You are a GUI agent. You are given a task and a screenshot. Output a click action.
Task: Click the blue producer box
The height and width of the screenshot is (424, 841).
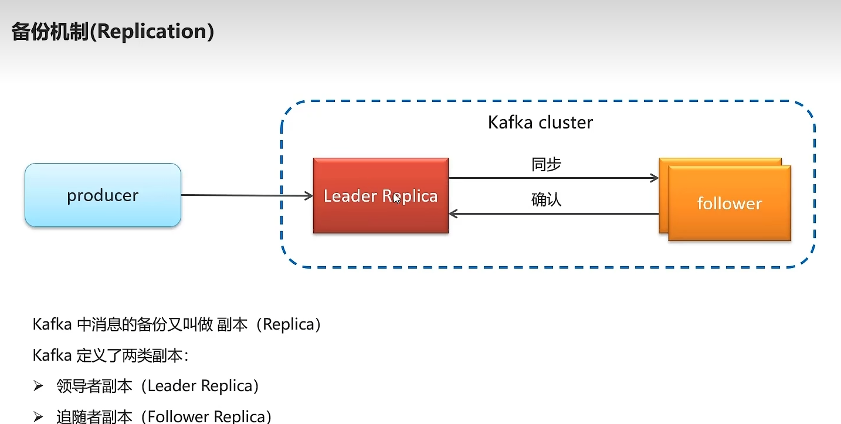[103, 195]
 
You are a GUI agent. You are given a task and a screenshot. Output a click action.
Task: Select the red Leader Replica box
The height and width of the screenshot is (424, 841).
[381, 196]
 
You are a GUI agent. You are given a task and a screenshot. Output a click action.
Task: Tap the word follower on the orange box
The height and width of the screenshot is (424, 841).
[730, 203]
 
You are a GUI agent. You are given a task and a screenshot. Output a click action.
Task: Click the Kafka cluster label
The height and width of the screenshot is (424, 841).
[540, 123]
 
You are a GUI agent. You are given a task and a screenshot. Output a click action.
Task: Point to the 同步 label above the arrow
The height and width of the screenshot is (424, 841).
[546, 164]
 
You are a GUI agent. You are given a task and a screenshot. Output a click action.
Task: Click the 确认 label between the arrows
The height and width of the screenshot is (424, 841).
[546, 199]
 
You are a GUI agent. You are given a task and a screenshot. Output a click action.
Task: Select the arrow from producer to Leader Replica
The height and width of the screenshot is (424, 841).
[247, 195]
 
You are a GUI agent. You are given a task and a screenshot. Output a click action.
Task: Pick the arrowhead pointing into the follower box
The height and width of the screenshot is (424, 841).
[655, 178]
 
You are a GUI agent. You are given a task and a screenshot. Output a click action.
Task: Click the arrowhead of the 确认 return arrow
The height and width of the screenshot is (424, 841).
[453, 213]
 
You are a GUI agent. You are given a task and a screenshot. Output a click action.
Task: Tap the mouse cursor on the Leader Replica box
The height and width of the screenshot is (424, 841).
[397, 198]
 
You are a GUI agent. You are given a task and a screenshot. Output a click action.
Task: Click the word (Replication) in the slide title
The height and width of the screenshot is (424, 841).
[152, 32]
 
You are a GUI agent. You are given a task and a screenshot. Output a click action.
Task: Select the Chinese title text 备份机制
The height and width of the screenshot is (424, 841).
[50, 32]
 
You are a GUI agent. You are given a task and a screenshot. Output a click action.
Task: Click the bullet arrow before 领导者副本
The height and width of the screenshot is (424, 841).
[38, 386]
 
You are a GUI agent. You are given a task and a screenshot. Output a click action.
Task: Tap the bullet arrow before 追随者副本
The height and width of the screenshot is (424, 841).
[38, 417]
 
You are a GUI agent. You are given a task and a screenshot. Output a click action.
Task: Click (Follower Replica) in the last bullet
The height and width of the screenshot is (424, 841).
[206, 416]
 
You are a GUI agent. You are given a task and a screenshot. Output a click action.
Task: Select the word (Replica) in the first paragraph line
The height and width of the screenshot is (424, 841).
[289, 324]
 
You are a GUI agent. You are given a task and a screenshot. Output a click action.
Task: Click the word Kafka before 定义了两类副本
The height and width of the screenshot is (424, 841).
[52, 355]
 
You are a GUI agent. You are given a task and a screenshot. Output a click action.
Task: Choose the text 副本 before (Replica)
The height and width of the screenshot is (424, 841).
[232, 324]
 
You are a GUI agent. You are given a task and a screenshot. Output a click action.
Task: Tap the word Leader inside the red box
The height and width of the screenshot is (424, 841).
[350, 196]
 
